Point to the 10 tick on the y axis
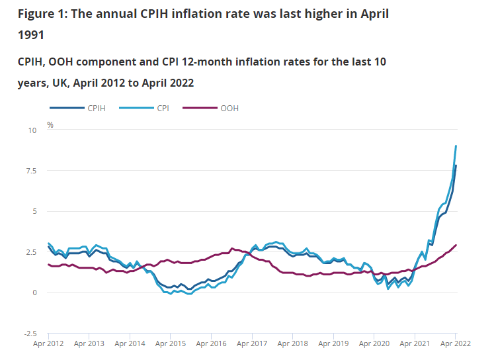point(32,130)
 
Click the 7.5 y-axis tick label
point(31,171)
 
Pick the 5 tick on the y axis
point(34,212)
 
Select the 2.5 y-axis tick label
point(31,252)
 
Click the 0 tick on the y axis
point(34,292)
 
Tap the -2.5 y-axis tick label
point(30,334)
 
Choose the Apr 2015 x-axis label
point(170,345)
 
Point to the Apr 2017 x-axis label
point(252,345)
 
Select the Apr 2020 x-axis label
point(374,345)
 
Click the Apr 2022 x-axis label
point(455,345)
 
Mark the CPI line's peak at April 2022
point(456,146)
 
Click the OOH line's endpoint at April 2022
point(456,246)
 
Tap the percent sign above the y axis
point(50,124)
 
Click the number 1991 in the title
point(31,34)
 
